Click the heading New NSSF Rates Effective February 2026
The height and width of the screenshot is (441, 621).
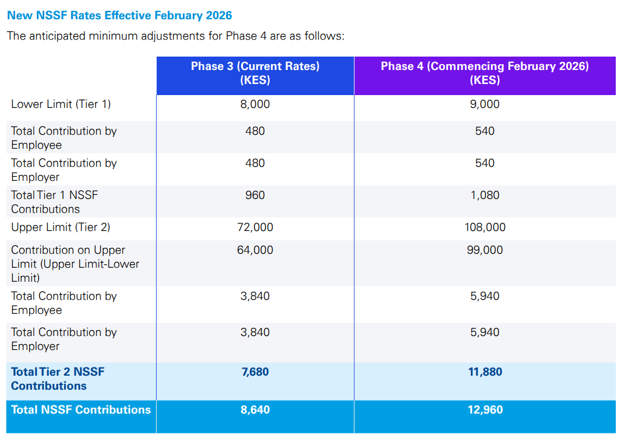(x=119, y=15)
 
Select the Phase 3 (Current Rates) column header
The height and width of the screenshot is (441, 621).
(x=255, y=73)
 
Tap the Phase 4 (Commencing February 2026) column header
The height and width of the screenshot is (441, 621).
(x=485, y=73)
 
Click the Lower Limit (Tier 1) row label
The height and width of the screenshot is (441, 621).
(x=61, y=104)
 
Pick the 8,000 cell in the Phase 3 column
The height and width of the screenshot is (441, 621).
(x=255, y=104)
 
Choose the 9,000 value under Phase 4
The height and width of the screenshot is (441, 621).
(x=485, y=104)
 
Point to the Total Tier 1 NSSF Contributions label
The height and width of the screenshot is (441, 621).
(x=54, y=202)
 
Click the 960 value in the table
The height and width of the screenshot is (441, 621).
(x=255, y=195)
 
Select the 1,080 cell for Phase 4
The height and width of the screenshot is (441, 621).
(x=485, y=195)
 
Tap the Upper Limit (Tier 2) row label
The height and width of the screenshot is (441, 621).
(x=61, y=227)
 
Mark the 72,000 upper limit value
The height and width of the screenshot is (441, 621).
(x=255, y=227)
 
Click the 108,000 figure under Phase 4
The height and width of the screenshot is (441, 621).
(x=485, y=227)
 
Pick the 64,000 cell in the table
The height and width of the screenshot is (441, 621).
(x=255, y=250)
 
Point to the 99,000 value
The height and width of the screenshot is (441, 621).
(x=485, y=250)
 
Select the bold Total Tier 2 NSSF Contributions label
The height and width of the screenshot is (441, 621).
(x=58, y=379)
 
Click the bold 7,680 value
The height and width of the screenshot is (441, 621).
(x=255, y=372)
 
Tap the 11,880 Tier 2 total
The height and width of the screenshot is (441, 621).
(x=485, y=372)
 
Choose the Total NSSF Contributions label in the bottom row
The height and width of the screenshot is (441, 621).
(x=80, y=409)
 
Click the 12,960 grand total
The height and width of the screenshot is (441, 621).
(x=485, y=409)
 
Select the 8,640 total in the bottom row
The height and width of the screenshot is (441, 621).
(x=255, y=409)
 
